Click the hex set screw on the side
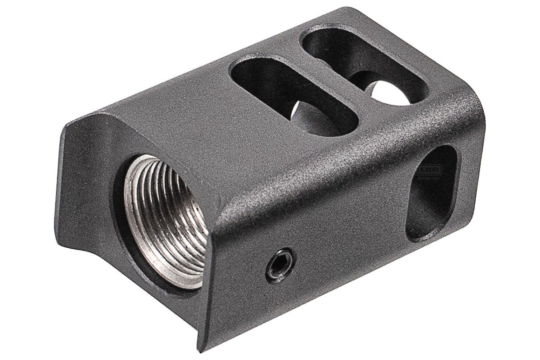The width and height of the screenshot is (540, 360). click(x=280, y=264)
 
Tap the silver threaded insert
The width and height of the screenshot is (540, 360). click(x=163, y=219)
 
